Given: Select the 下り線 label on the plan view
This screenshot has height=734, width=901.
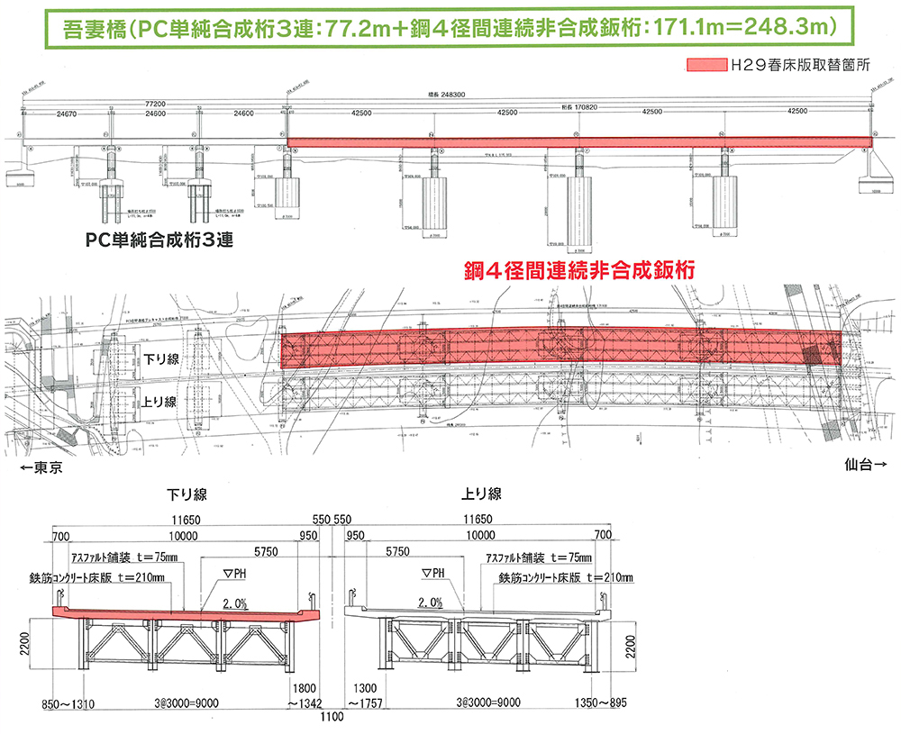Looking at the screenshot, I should (161, 358).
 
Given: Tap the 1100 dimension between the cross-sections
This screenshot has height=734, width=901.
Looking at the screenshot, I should (332, 718).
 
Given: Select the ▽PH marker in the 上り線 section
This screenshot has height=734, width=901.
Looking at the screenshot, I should (433, 573).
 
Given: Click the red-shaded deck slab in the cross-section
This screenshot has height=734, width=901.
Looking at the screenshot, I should (180, 613).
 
